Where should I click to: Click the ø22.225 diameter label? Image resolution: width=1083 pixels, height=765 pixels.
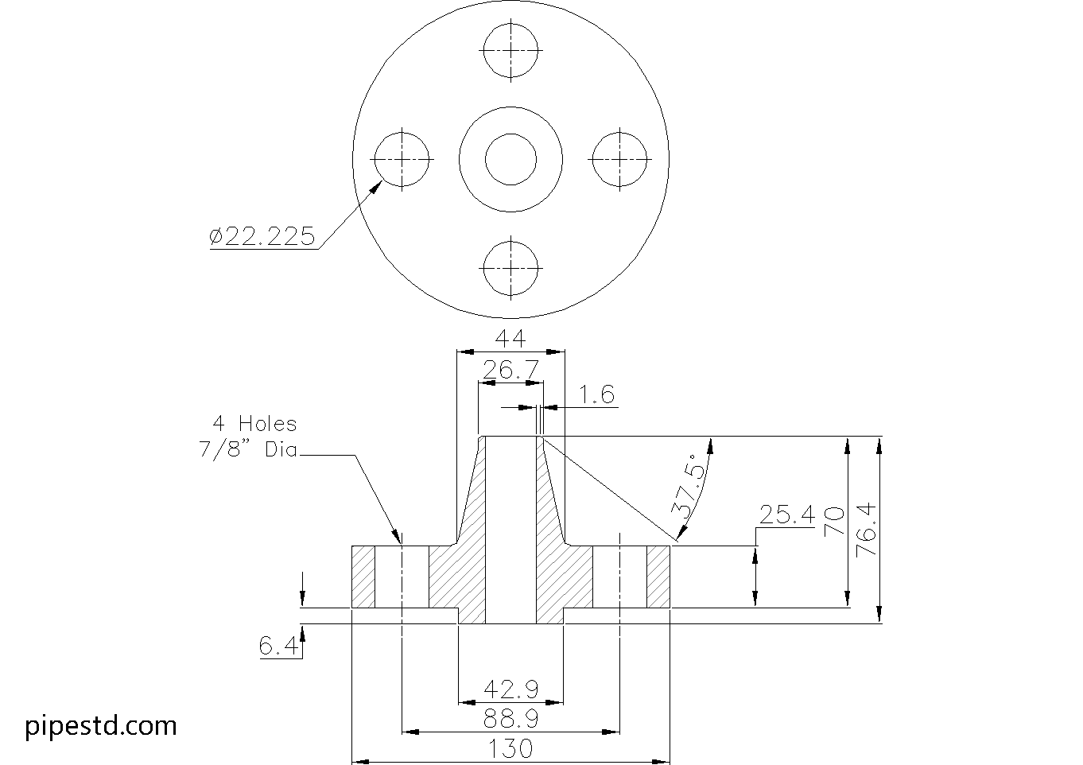[262, 236]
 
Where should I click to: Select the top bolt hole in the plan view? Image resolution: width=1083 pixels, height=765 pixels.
[510, 49]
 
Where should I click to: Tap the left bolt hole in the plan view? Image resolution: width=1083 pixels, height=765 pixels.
[402, 159]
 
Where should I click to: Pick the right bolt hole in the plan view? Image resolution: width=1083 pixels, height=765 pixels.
[619, 159]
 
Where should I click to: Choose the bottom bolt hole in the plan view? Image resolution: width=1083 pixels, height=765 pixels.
[510, 268]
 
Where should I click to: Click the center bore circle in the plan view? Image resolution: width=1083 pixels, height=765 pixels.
[510, 159]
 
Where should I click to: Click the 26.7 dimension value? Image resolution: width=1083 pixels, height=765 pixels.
[510, 370]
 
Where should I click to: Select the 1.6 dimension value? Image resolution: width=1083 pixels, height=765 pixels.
[596, 394]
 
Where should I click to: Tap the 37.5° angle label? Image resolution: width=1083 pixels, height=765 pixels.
[689, 486]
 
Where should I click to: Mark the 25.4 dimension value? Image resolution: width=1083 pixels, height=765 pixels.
[786, 515]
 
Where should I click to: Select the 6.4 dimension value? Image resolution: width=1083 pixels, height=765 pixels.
[278, 646]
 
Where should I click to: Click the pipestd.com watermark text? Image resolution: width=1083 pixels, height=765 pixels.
[101, 725]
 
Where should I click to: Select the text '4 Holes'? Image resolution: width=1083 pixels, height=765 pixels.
[254, 423]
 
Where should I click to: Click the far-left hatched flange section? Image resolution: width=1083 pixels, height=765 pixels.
[363, 577]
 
